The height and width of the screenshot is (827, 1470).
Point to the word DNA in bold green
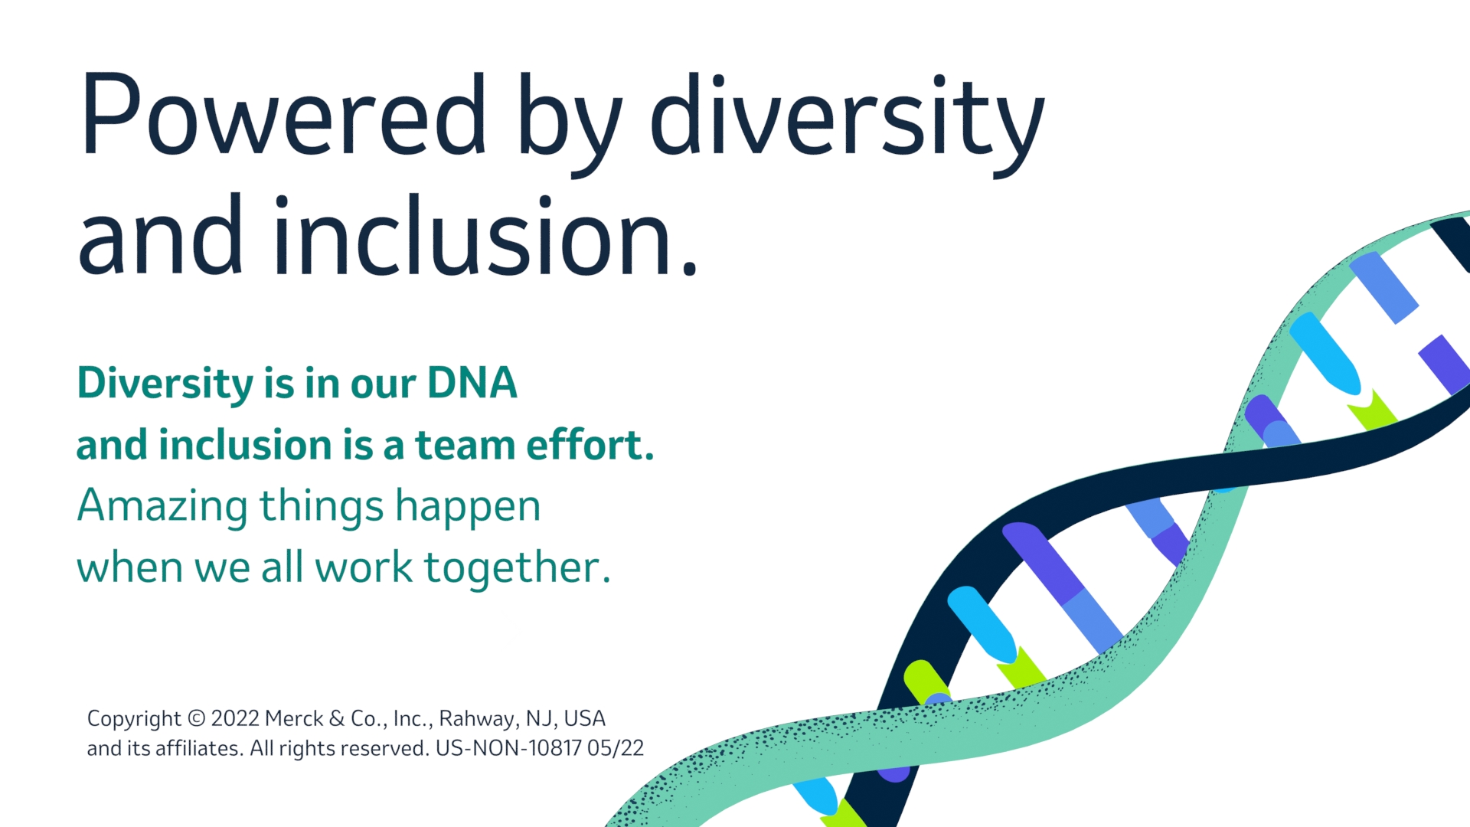tap(472, 383)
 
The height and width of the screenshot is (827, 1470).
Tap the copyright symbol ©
tap(197, 719)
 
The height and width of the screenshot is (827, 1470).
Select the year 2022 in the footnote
tap(235, 719)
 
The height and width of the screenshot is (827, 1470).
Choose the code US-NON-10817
tap(508, 748)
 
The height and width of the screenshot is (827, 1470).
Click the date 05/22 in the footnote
tap(616, 748)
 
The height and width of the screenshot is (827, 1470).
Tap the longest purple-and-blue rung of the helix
tap(1063, 587)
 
